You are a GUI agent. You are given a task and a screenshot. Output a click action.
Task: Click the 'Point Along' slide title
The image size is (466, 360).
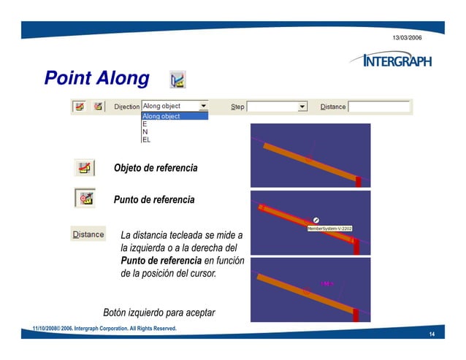point(96,78)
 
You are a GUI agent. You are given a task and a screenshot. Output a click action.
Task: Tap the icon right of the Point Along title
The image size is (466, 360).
point(177,79)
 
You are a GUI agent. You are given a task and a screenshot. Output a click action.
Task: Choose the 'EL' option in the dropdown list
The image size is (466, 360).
point(146,139)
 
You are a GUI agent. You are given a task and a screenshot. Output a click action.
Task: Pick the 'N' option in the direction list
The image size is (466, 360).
point(145,132)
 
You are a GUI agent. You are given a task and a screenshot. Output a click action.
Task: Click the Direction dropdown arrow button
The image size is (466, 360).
point(203,106)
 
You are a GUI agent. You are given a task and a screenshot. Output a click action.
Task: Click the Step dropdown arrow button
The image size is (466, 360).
point(302,107)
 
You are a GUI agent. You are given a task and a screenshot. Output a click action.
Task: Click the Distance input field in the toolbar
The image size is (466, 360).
point(379,107)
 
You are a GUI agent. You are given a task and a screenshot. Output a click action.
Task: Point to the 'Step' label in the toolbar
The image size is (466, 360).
point(237,107)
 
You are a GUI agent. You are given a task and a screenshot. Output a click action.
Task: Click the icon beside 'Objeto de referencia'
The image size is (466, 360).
point(85,168)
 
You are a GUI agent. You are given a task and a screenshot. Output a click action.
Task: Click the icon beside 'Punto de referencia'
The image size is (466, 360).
point(85,198)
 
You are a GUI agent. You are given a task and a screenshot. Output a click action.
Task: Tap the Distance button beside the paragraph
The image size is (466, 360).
point(88,234)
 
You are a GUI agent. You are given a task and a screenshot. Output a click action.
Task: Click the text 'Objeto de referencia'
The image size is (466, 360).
point(155,169)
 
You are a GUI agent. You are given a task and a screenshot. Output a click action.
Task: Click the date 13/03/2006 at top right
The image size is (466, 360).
point(407,37)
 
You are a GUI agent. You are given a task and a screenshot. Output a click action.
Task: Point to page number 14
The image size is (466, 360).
point(432,334)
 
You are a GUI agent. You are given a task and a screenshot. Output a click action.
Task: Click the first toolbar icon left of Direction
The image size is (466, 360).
point(80,107)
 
